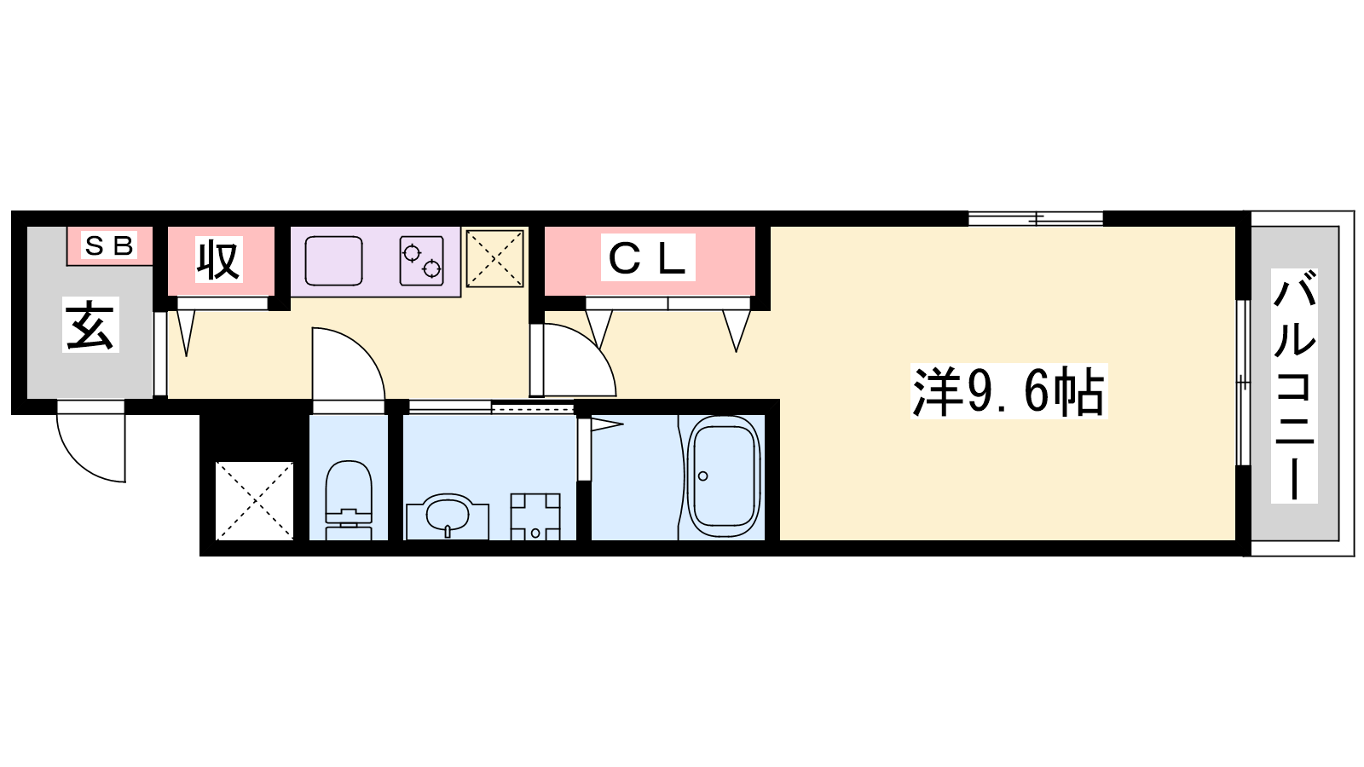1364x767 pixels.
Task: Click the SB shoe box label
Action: pos(108,245)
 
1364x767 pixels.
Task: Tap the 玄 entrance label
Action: pos(90,325)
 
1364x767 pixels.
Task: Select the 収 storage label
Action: pos(218,259)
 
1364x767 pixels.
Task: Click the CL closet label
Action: pos(648,257)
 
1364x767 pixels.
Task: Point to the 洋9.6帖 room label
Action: pos(1009,391)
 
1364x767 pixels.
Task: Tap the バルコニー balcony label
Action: pos(1294,386)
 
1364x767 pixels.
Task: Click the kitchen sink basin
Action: pos(333,261)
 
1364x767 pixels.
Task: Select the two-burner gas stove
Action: pos(421,261)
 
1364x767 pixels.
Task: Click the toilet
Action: pos(349,499)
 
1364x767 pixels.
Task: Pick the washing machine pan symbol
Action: pos(535,516)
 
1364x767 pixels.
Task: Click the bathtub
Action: pos(724,476)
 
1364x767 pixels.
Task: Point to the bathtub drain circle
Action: pos(702,476)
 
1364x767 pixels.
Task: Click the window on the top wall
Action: pos(1036,218)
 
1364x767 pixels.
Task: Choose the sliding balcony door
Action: pos(1243,383)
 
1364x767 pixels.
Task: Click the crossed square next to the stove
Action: pos(494,258)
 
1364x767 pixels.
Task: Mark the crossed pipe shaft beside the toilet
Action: pos(255,500)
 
